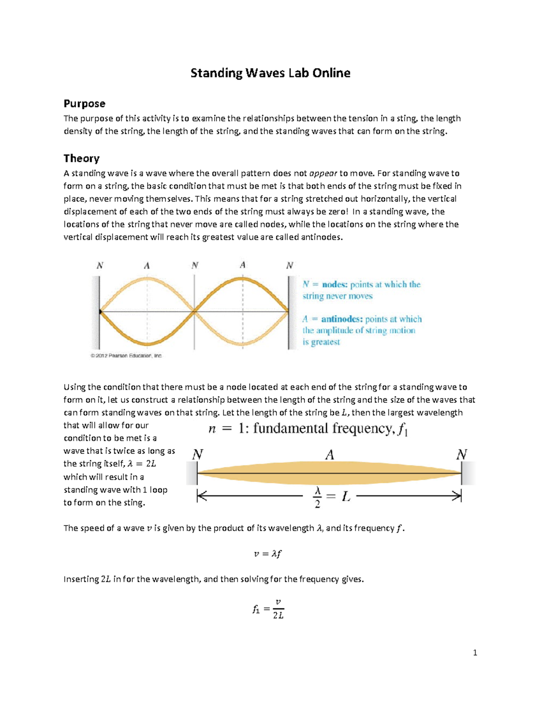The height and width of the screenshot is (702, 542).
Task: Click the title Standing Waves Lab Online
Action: point(270,73)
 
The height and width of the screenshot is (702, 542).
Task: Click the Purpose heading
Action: point(84,104)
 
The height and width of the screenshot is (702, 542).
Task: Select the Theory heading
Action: point(81,158)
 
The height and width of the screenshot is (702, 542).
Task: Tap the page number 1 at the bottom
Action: point(475,652)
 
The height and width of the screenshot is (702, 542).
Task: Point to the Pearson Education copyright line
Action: point(126,356)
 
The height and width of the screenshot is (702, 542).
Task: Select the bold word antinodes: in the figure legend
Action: point(342,319)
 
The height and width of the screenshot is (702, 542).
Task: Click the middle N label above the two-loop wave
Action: point(195,265)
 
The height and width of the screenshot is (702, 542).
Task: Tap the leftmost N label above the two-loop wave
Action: point(100,265)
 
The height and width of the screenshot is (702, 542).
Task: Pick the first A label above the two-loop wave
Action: point(147,266)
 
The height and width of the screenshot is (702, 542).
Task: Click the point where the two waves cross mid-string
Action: point(195,311)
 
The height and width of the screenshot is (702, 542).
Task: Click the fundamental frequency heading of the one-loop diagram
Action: point(308,429)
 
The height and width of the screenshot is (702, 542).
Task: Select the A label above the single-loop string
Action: point(330,455)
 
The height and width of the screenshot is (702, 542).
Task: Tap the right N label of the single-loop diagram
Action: point(461,454)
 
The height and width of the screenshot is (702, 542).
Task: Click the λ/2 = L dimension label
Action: point(331,497)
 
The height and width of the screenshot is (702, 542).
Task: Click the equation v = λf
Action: point(268,554)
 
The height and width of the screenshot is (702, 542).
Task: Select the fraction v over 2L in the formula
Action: point(278,609)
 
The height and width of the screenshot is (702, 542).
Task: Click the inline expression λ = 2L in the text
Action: point(142,464)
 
